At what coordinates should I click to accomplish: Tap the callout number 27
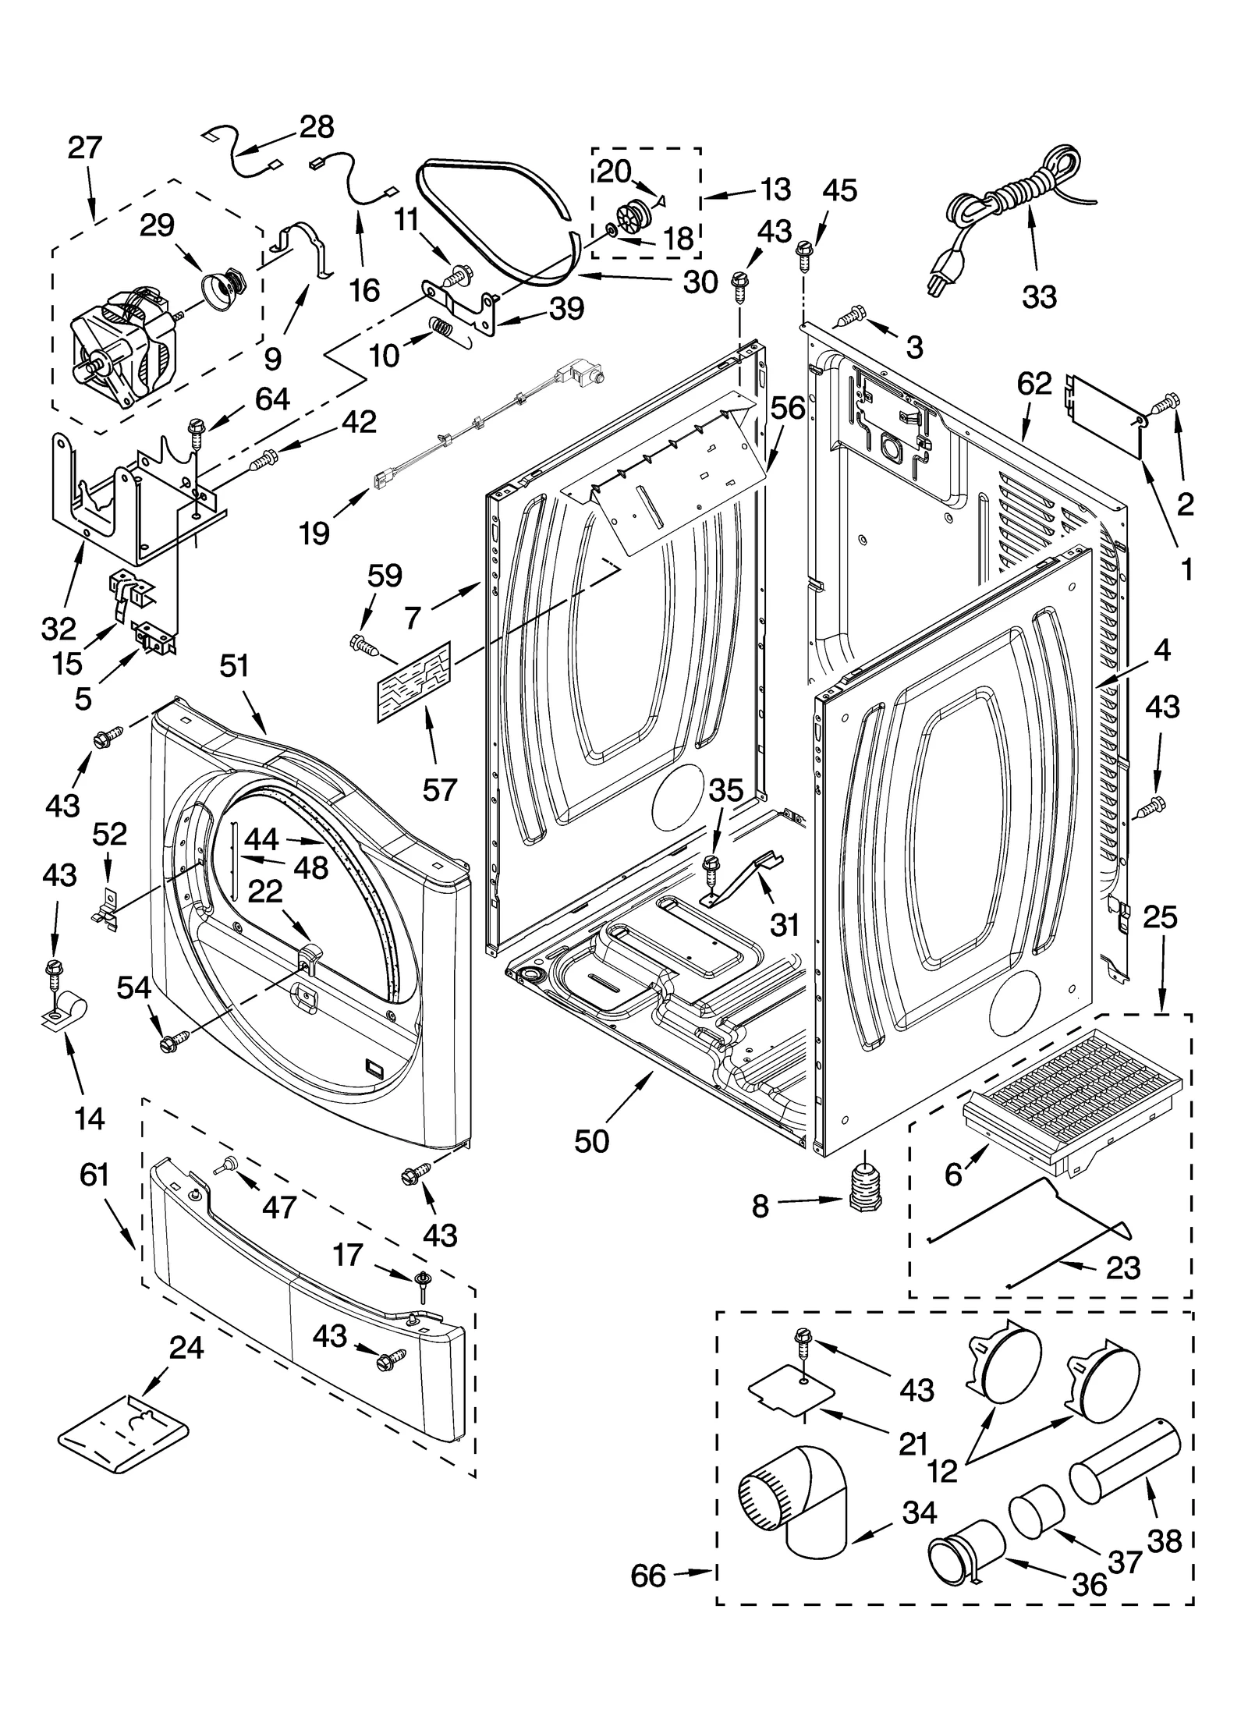84,147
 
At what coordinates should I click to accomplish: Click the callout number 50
591,1141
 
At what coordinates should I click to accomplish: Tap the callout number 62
1034,385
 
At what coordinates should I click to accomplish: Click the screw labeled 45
805,253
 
